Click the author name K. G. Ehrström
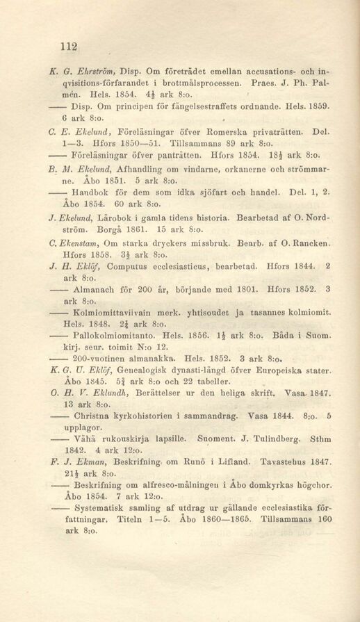pos(85,70)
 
